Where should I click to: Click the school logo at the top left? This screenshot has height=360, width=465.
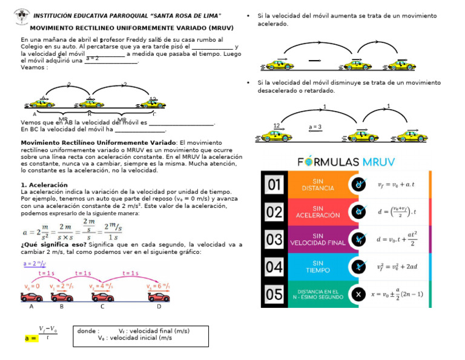(x=22, y=13)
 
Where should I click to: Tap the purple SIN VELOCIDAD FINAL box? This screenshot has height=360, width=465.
(x=318, y=239)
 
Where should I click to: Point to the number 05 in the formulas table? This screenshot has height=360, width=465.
(x=274, y=294)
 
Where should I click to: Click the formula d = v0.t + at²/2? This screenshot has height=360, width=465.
(x=400, y=239)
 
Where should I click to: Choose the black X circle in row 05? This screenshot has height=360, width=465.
(x=359, y=294)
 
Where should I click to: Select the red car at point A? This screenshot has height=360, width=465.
(x=31, y=296)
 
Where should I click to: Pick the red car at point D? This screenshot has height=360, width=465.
(x=159, y=296)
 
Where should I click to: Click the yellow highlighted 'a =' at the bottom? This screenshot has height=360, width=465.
(x=30, y=338)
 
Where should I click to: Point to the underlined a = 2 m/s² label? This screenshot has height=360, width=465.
(x=35, y=264)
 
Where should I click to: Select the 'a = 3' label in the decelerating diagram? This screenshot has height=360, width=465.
(x=315, y=127)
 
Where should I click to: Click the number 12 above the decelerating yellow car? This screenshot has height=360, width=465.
(x=277, y=125)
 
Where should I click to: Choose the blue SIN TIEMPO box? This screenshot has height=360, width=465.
(x=318, y=267)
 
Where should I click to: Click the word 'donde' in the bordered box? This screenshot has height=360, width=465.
(x=88, y=331)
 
